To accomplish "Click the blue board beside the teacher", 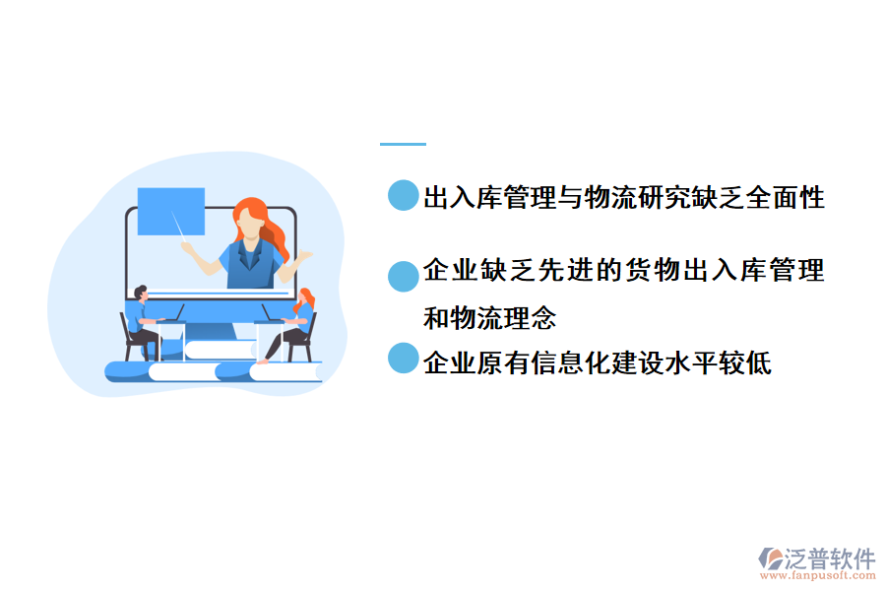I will click(170, 211).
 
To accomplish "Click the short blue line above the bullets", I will click(403, 145).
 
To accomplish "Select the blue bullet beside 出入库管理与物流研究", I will click(404, 195).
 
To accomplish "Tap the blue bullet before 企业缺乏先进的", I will click(404, 277).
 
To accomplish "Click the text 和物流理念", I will click(489, 318).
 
